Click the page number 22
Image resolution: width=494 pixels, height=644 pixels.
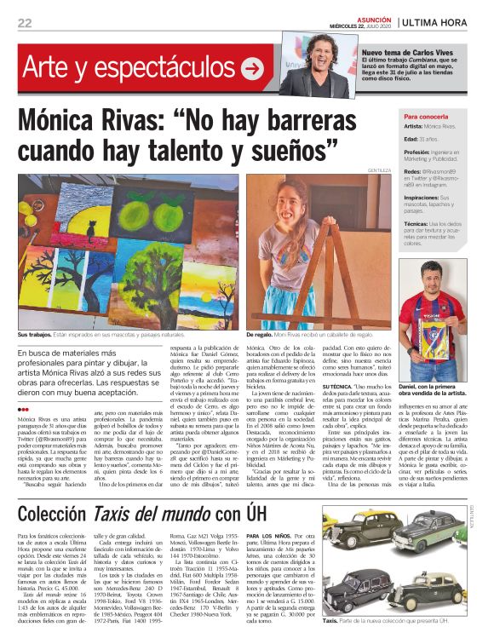[25, 23]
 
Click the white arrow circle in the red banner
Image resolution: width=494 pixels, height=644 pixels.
[251, 69]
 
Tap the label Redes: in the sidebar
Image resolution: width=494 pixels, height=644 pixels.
[414, 170]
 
